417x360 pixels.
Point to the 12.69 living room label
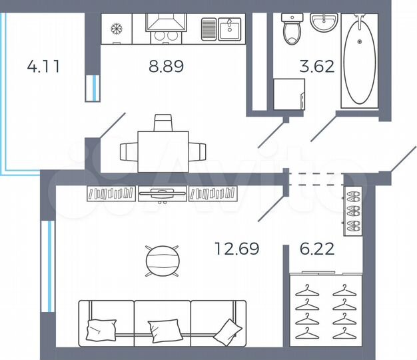[236, 249]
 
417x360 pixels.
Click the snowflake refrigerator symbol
[116, 30]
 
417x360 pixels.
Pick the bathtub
[359, 61]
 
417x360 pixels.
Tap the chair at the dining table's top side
[163, 123]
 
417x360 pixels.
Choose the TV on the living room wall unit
[163, 193]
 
